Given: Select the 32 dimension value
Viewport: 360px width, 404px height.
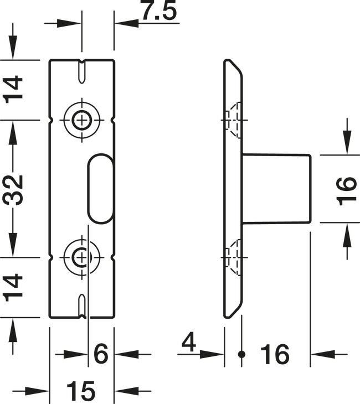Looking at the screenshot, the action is tap(13, 190).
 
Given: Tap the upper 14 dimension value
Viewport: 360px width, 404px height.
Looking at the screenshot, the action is tap(13, 90).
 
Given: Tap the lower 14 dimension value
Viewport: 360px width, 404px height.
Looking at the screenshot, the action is tap(13, 288).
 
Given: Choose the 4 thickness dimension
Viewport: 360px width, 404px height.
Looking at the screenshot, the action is tap(189, 343).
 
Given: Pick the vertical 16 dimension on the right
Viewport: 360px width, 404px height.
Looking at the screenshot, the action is tap(347, 191).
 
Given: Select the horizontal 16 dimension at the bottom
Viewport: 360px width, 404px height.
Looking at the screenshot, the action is tap(275, 354).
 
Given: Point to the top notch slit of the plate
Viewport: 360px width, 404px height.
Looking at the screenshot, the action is tap(82, 71).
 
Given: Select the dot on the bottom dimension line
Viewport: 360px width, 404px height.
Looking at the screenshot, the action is tap(241, 354).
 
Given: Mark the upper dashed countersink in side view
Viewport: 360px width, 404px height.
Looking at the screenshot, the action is tap(233, 120).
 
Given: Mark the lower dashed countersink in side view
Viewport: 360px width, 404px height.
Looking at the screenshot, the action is tap(233, 257).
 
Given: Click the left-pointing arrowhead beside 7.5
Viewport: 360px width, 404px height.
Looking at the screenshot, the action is tap(127, 23).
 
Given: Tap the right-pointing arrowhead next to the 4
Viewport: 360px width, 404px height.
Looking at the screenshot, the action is tap(212, 355).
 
